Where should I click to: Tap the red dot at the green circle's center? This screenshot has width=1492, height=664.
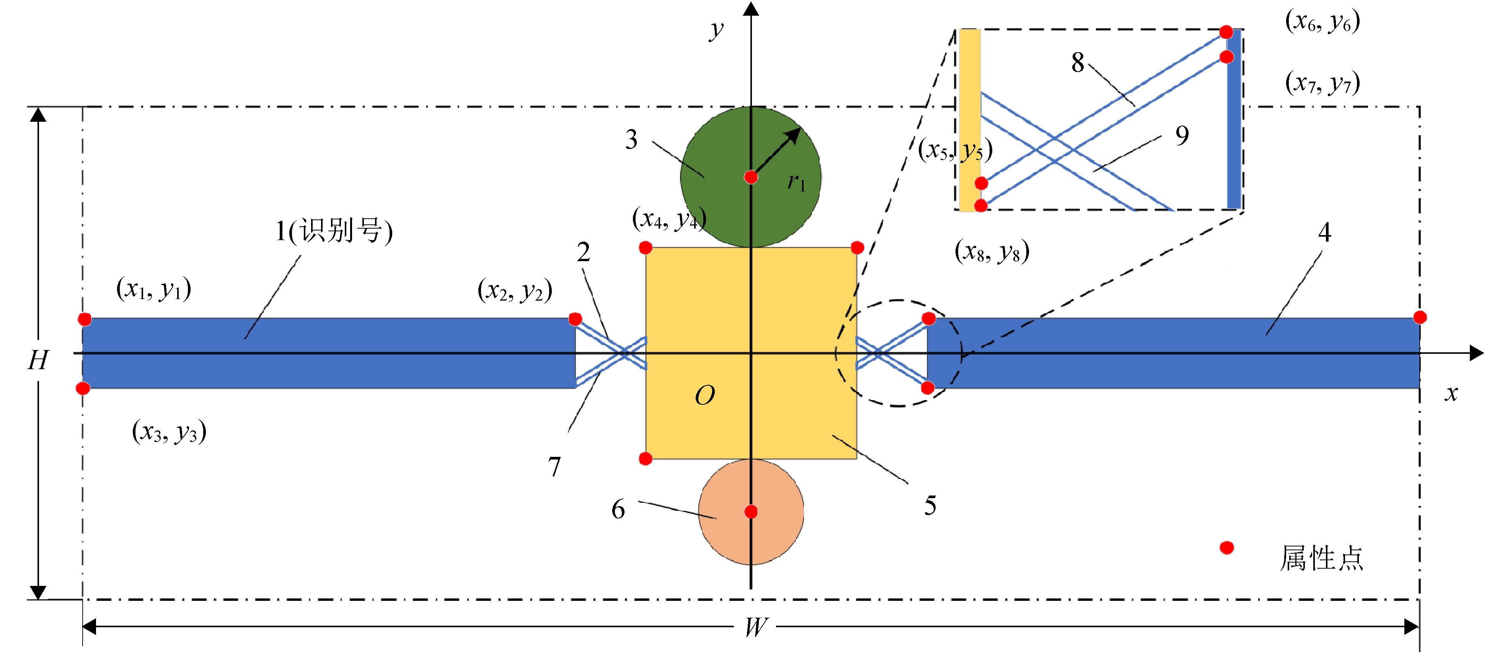click(x=751, y=177)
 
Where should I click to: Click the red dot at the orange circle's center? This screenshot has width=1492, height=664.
click(x=751, y=512)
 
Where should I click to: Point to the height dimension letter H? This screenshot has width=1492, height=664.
click(x=38, y=360)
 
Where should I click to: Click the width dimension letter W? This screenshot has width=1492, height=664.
click(x=755, y=627)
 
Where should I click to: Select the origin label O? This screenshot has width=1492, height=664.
click(x=705, y=396)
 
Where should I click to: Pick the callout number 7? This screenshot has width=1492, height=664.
click(x=554, y=466)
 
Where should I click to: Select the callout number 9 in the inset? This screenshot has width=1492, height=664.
click(x=1182, y=136)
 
